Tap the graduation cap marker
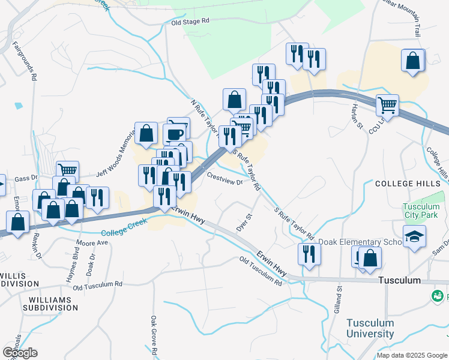pyautogui.click(x=414, y=236)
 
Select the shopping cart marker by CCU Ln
pyautogui.click(x=388, y=106)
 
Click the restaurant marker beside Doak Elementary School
pyautogui.click(x=309, y=253)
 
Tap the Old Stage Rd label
pyautogui.click(x=190, y=21)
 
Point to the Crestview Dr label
pyautogui.click(x=224, y=178)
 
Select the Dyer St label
pyautogui.click(x=243, y=223)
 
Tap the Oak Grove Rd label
pyautogui.click(x=154, y=337)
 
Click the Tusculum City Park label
pyautogui.click(x=421, y=211)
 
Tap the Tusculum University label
pyautogui.click(x=370, y=329)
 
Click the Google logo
pyautogui.click(x=20, y=353)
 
